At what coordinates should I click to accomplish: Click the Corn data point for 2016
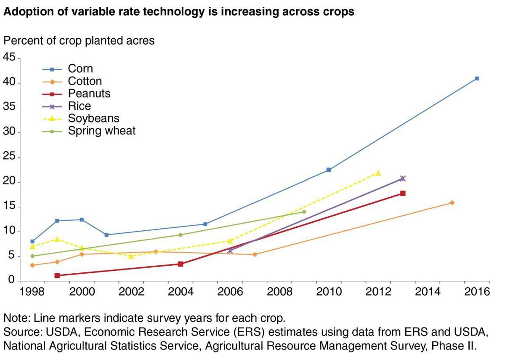[477, 78]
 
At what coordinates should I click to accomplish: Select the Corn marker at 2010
[329, 170]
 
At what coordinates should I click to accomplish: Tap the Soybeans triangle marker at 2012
[378, 173]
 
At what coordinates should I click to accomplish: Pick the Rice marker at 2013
[403, 179]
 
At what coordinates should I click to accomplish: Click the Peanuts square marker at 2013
[403, 193]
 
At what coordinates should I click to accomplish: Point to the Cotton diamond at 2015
[452, 203]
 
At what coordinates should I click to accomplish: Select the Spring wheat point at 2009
[304, 212]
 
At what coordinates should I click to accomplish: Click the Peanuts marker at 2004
[181, 264]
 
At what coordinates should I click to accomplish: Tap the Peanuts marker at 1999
[57, 275]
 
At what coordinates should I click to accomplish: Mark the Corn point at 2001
[106, 235]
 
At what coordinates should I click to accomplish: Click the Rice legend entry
[80, 106]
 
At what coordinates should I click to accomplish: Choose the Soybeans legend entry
[93, 118]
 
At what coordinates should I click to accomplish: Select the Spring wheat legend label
[102, 131]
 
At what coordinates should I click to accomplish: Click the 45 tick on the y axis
[9, 58]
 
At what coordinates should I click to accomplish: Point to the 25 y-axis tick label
[9, 157]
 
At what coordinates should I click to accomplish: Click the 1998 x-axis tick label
[32, 292]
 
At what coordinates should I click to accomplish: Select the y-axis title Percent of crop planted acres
[79, 41]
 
